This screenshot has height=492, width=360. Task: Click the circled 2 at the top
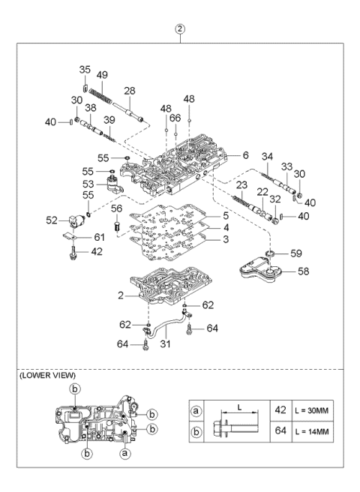pyautogui.click(x=180, y=30)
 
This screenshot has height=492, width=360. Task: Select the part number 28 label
pyautogui.click(x=129, y=91)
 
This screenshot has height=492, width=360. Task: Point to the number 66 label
pyautogui.click(x=175, y=118)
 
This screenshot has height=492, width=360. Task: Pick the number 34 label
pyautogui.click(x=267, y=156)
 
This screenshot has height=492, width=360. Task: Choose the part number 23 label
pyautogui.click(x=242, y=185)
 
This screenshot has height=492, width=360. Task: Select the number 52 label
pyautogui.click(x=53, y=220)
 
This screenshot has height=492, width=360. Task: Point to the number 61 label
pyautogui.click(x=99, y=238)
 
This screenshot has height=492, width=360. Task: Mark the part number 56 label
pyautogui.click(x=116, y=208)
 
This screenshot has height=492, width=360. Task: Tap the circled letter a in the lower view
pyautogui.click(x=127, y=454)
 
